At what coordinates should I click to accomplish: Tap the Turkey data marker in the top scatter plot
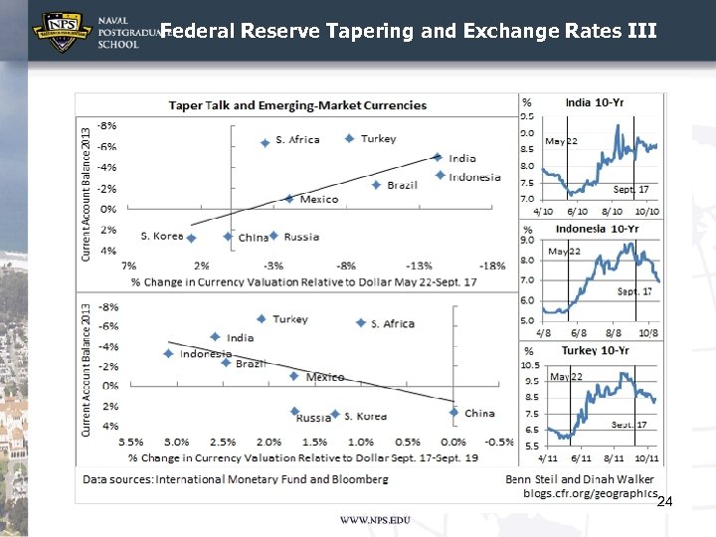click(349, 138)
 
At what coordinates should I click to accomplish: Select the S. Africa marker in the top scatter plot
click(265, 143)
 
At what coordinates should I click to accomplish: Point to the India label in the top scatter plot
click(462, 158)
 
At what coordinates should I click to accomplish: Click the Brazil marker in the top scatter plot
click(376, 185)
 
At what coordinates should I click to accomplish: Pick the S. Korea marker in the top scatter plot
click(192, 238)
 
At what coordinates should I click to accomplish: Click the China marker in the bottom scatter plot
click(453, 412)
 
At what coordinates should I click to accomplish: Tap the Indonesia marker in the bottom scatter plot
click(168, 354)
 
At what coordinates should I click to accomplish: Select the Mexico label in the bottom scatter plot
click(325, 377)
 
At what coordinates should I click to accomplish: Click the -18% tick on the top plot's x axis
click(491, 266)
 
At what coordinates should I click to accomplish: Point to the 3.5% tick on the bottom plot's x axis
click(131, 441)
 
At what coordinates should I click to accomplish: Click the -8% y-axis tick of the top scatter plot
click(107, 125)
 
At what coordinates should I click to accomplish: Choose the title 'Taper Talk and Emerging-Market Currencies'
click(297, 104)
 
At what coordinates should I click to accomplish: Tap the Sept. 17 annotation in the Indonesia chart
click(633, 291)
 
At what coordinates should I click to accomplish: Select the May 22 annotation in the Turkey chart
click(566, 377)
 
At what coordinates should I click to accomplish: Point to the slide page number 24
click(665, 503)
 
